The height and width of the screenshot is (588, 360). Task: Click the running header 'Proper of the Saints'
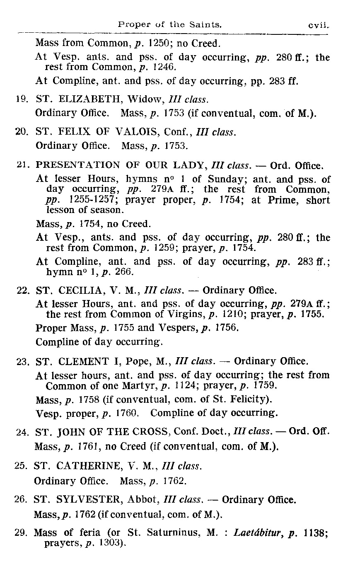pos(170,25)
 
